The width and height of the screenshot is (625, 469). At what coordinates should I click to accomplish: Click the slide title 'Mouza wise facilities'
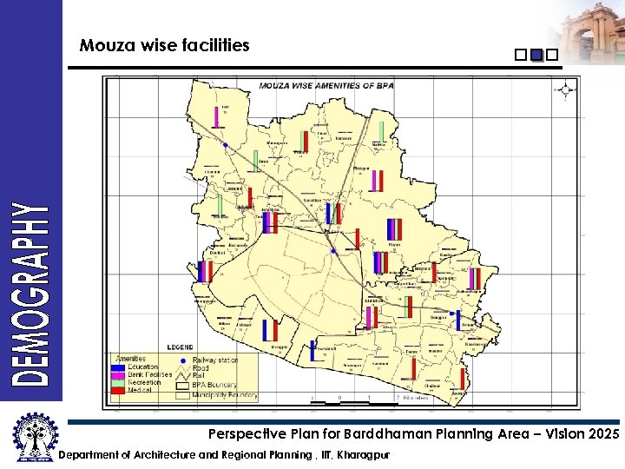coord(164,45)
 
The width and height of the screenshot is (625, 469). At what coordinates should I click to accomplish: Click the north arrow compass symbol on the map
coord(566,89)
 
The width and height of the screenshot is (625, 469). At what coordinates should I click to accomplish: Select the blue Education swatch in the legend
coord(118,367)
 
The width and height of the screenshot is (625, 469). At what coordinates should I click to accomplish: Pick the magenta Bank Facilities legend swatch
coord(118,374)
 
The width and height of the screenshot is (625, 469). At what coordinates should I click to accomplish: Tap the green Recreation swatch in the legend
coord(118,382)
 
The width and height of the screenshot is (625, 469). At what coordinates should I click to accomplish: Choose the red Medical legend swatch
coord(118,390)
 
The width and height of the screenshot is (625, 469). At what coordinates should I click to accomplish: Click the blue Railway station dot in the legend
coord(182,360)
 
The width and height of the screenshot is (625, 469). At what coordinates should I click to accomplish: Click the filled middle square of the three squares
coord(536,56)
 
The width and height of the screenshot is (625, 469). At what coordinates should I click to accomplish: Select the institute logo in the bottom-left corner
coord(31,436)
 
